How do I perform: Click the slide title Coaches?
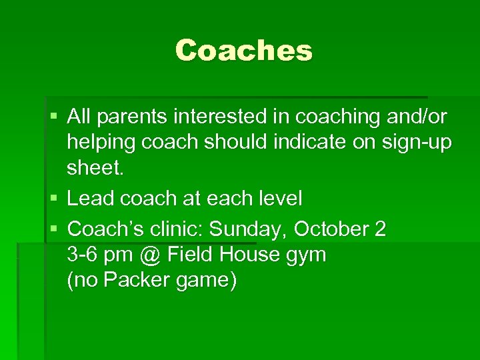pyautogui.click(x=243, y=51)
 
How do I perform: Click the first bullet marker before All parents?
pyautogui.click(x=53, y=117)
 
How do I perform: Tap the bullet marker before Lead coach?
pyautogui.click(x=53, y=198)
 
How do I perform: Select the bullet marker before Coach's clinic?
pyautogui.click(x=53, y=229)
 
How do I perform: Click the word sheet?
pyautogui.click(x=94, y=168)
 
